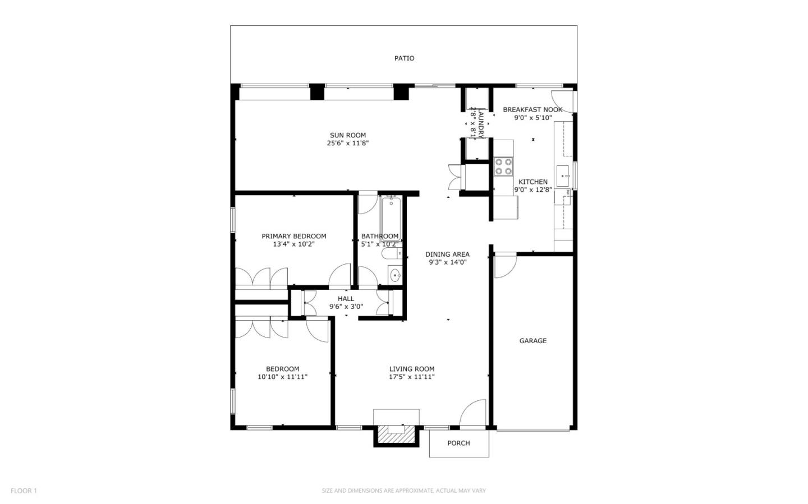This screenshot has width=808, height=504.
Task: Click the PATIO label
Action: [404, 58]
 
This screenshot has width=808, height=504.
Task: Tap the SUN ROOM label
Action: [348, 135]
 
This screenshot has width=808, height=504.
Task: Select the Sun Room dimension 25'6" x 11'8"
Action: [348, 143]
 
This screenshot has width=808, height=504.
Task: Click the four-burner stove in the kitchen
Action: [503, 167]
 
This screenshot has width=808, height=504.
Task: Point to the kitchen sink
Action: [563, 176]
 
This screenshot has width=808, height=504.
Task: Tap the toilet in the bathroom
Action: [392, 253]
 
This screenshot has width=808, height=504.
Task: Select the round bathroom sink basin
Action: [396, 276]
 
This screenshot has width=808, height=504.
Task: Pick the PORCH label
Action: [458, 443]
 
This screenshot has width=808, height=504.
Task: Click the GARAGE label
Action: [533, 341]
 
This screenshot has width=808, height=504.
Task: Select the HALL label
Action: [346, 299]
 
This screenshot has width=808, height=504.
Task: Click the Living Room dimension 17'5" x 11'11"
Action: [412, 377]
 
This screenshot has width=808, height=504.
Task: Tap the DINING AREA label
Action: [447, 254]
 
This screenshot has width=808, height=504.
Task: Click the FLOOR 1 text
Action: [24, 491]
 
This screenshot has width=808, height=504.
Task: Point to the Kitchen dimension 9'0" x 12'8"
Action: [533, 189]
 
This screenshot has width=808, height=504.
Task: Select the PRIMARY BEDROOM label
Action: [293, 236]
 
